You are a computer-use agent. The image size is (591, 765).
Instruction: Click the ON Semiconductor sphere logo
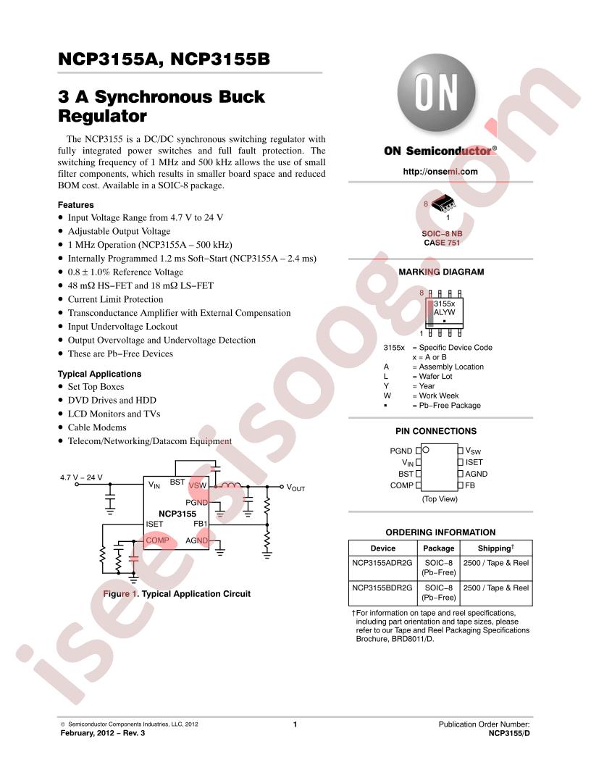click(x=437, y=93)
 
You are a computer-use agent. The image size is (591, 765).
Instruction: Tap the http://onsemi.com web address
click(x=440, y=171)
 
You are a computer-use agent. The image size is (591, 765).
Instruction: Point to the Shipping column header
click(x=495, y=548)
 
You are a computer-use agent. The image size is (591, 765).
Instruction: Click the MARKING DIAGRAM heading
click(x=441, y=272)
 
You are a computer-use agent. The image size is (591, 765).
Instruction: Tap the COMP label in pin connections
click(x=402, y=485)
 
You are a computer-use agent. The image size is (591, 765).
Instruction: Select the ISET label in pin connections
click(x=474, y=462)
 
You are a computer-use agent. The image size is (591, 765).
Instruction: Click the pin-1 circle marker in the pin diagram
click(x=426, y=449)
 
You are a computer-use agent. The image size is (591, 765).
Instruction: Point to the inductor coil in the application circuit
click(x=231, y=485)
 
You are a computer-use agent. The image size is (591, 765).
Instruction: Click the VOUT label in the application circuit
click(x=295, y=488)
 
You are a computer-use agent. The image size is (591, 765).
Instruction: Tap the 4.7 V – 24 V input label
click(x=81, y=477)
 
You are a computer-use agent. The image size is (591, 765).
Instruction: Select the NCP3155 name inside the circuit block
click(x=177, y=514)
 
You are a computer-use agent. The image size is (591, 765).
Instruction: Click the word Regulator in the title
click(x=102, y=116)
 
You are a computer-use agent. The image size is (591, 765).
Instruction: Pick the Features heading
click(x=75, y=205)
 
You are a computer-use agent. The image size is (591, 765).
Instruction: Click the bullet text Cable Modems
click(x=97, y=427)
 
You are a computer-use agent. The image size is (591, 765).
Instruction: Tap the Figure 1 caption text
click(x=177, y=594)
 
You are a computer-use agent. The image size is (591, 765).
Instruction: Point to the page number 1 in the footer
click(x=295, y=724)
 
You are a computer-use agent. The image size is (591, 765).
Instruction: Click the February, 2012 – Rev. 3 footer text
click(x=102, y=733)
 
